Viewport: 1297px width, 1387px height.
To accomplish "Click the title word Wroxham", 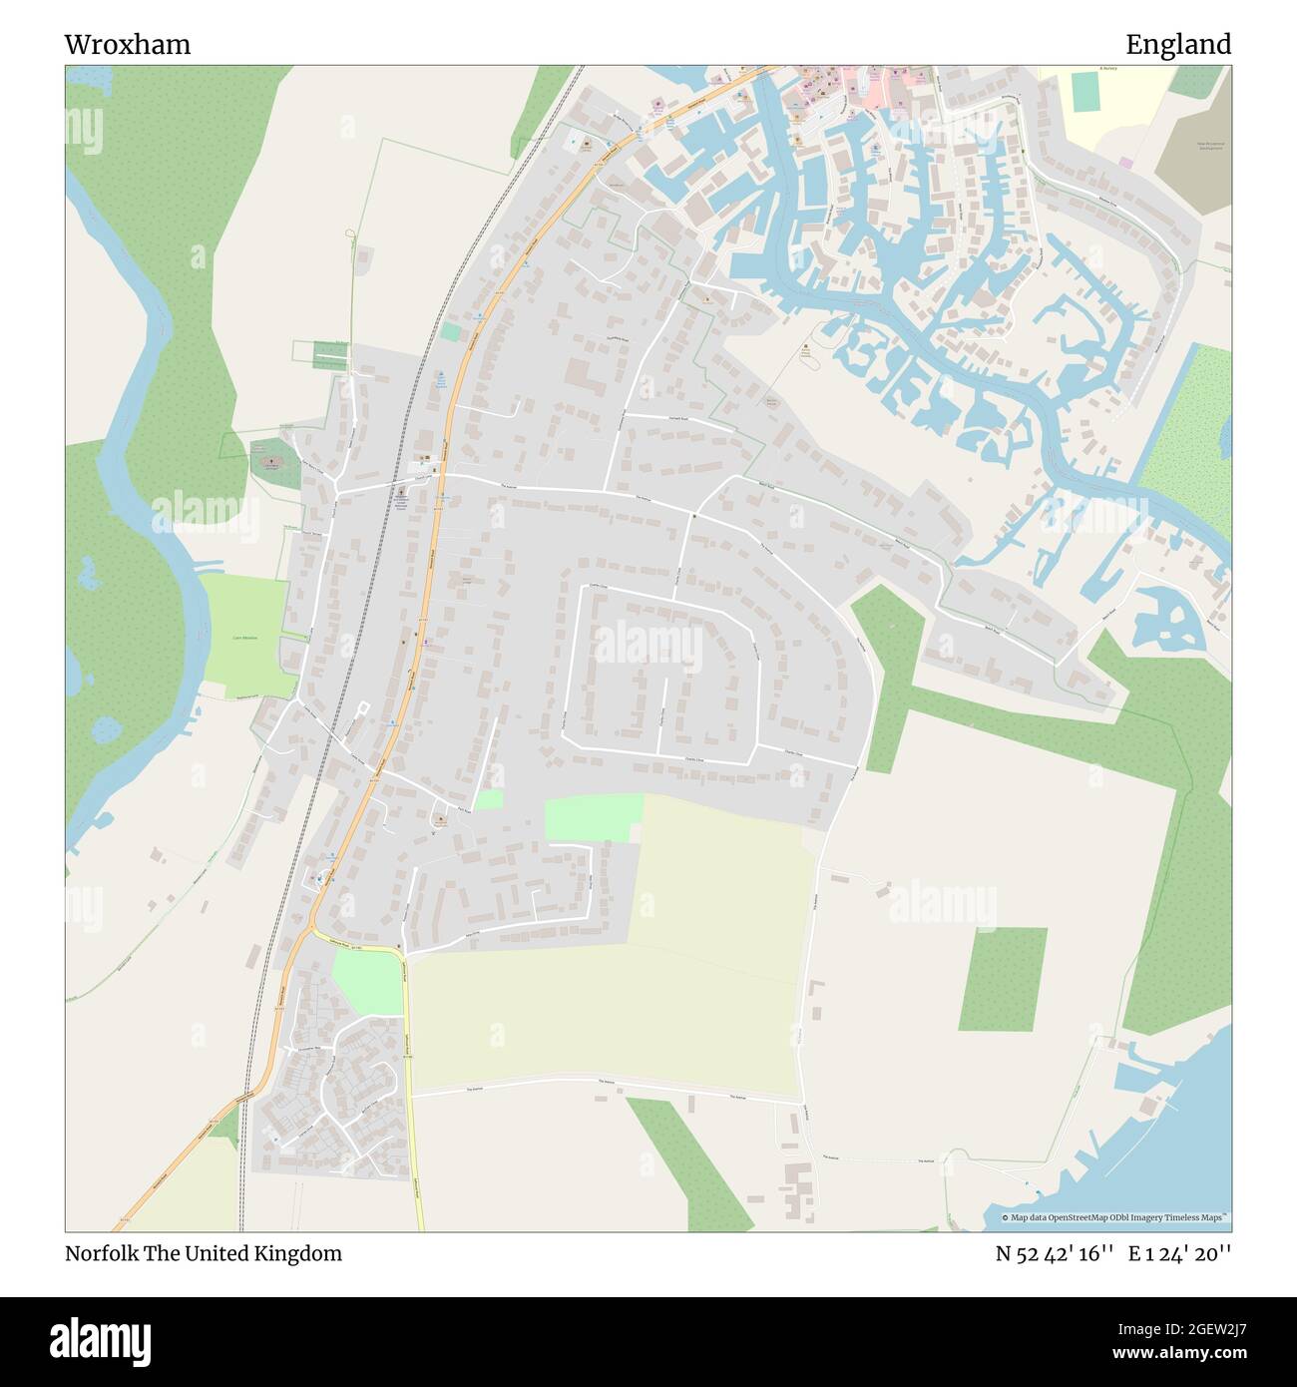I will pyautogui.click(x=128, y=45).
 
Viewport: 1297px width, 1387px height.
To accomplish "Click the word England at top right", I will pyautogui.click(x=1178, y=45).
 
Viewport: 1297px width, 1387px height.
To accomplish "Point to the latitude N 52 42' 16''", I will pyautogui.click(x=1054, y=1254).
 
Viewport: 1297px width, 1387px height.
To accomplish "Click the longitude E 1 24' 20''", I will pyautogui.click(x=1179, y=1254).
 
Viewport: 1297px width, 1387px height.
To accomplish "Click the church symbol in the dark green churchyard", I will pyautogui.click(x=271, y=463).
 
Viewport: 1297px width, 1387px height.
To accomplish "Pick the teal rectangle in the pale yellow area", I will pyautogui.click(x=1083, y=93).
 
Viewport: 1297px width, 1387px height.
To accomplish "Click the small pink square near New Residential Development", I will pyautogui.click(x=1125, y=162).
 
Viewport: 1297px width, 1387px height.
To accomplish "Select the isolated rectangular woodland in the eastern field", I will pyautogui.click(x=1003, y=978).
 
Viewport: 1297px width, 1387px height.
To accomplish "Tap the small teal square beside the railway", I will pyautogui.click(x=451, y=331).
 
